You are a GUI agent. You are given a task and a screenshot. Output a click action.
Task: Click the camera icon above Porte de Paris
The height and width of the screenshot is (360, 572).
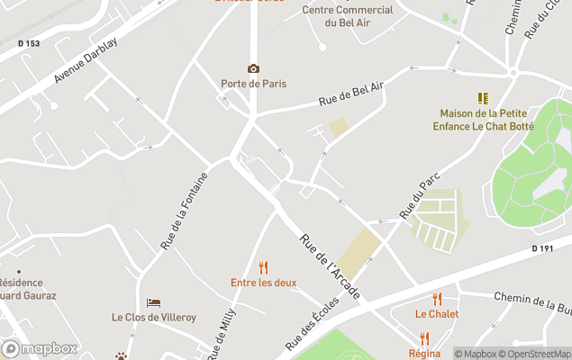tap(253, 69)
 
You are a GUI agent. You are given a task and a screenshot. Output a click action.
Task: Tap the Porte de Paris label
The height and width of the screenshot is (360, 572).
tap(253, 84)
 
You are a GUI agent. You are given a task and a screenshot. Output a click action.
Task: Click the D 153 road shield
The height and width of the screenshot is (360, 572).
tap(29, 43)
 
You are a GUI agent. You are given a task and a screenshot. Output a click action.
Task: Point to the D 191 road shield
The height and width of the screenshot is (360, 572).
tap(541, 247)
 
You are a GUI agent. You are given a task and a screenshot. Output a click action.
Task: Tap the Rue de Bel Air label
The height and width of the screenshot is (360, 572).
tap(351, 94)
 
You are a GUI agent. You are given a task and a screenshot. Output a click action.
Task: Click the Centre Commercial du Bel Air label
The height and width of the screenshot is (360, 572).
tap(348, 15)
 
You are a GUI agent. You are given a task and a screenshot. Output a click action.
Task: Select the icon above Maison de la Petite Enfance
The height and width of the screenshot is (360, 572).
tap(483, 98)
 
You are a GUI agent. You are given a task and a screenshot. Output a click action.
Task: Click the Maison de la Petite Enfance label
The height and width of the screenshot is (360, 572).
tap(483, 120)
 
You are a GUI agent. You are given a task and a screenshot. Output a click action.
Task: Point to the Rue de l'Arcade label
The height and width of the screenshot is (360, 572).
tap(330, 266)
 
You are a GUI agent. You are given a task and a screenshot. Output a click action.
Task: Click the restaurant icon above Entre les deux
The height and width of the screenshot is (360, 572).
tap(263, 267)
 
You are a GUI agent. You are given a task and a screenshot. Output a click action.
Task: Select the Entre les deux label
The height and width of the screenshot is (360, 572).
tap(263, 283)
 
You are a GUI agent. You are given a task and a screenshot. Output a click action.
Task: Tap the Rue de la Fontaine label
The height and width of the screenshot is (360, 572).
tap(184, 211)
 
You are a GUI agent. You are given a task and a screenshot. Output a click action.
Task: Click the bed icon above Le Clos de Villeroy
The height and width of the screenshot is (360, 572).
tap(154, 302)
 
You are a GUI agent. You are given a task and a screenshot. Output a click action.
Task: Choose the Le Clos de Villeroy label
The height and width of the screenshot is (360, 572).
tap(154, 317)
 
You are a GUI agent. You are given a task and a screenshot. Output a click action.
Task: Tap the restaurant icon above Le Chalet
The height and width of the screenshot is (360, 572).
tap(437, 299)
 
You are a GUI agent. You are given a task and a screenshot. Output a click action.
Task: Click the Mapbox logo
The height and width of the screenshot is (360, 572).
tap(40, 348)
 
